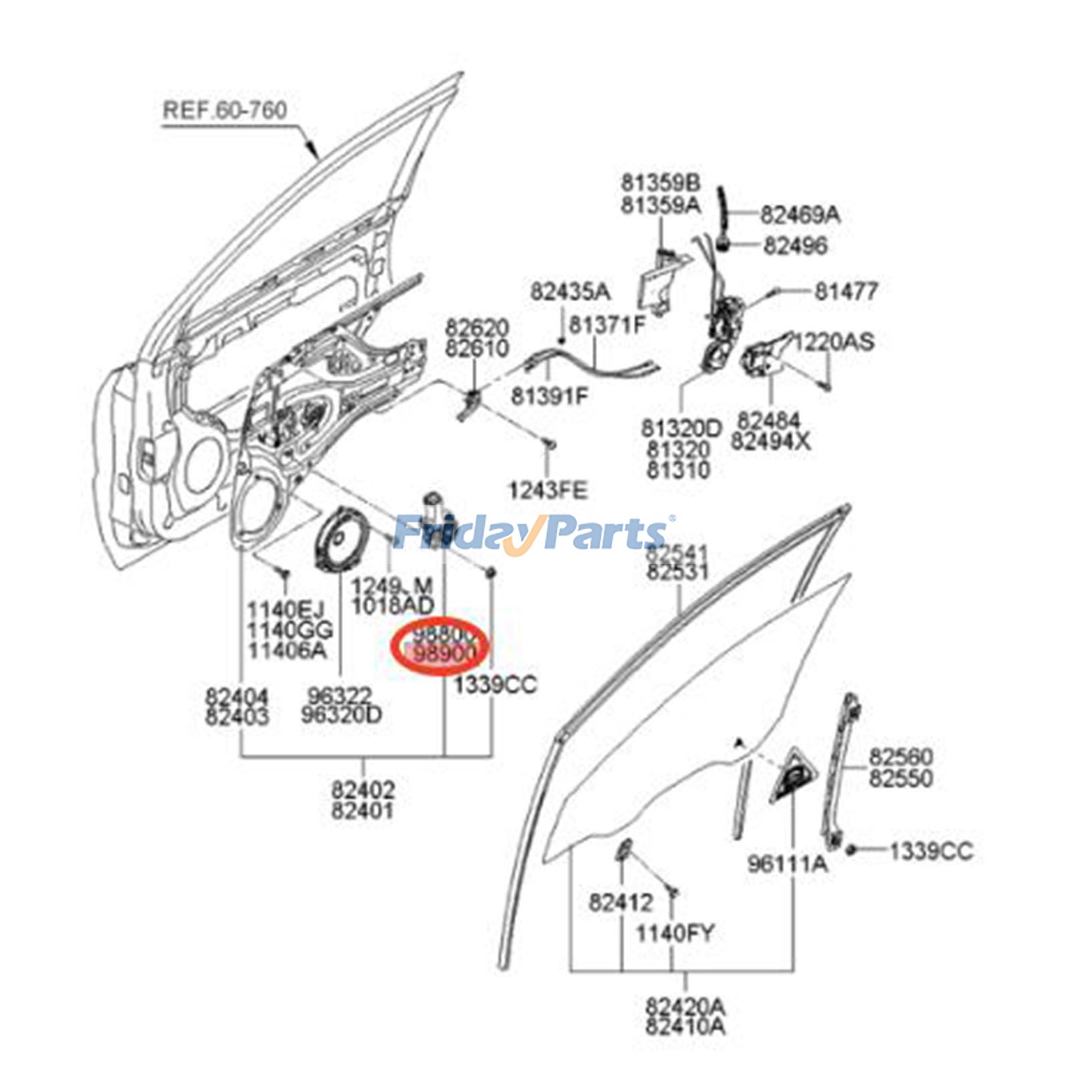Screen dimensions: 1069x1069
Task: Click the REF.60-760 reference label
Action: click(x=224, y=110)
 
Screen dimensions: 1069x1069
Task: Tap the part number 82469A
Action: click(x=800, y=215)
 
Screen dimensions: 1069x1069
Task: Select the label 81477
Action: click(x=845, y=291)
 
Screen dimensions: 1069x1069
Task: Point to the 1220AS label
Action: click(x=833, y=342)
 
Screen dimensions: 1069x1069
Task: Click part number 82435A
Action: click(x=570, y=292)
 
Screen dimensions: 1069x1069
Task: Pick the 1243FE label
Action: click(x=547, y=491)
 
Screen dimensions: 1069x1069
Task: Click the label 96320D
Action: click(x=341, y=716)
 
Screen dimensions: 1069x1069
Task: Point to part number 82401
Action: click(x=362, y=812)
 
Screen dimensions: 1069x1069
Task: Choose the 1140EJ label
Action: click(x=285, y=610)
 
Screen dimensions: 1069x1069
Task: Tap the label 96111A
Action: click(x=786, y=865)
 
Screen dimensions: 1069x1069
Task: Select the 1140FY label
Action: click(x=674, y=933)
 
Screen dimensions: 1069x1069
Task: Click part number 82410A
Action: click(x=685, y=1026)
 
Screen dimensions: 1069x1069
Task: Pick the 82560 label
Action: click(x=900, y=757)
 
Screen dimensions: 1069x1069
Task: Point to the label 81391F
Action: click(x=549, y=396)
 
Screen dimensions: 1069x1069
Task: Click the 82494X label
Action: click(x=770, y=442)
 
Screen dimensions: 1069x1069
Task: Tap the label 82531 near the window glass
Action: click(x=677, y=572)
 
